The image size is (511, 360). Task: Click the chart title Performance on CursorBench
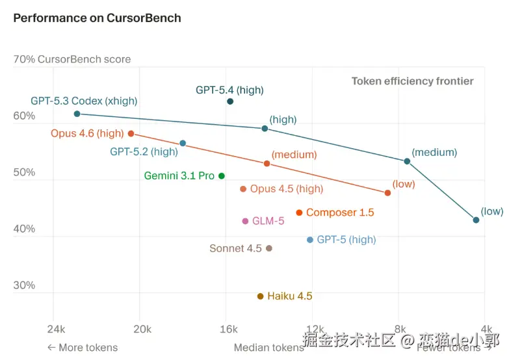pyautogui.click(x=97, y=18)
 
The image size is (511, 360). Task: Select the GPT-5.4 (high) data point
pyautogui.click(x=230, y=101)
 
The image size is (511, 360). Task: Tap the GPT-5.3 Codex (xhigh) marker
pyautogui.click(x=77, y=114)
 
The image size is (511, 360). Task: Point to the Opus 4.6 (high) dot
pyautogui.click(x=131, y=134)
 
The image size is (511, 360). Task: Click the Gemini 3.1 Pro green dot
pyautogui.click(x=222, y=176)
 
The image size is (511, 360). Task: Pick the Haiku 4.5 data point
pyautogui.click(x=260, y=296)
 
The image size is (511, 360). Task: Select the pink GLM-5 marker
pyautogui.click(x=245, y=221)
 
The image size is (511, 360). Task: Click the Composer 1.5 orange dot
pyautogui.click(x=299, y=212)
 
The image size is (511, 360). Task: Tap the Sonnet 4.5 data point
pyautogui.click(x=269, y=248)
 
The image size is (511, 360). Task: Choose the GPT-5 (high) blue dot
pyautogui.click(x=310, y=240)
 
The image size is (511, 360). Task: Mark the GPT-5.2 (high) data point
pyautogui.click(x=183, y=143)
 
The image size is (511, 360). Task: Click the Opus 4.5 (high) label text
pyautogui.click(x=286, y=189)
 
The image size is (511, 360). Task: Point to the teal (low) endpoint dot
pyautogui.click(x=476, y=220)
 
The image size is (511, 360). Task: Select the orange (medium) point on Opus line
pyautogui.click(x=267, y=164)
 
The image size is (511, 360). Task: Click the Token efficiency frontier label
pyautogui.click(x=412, y=81)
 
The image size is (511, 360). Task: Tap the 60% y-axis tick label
pyautogui.click(x=24, y=116)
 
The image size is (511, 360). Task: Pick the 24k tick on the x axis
pyautogui.click(x=56, y=328)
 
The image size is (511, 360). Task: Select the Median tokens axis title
pyautogui.click(x=269, y=348)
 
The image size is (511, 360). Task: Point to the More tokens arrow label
pyautogui.click(x=82, y=348)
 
